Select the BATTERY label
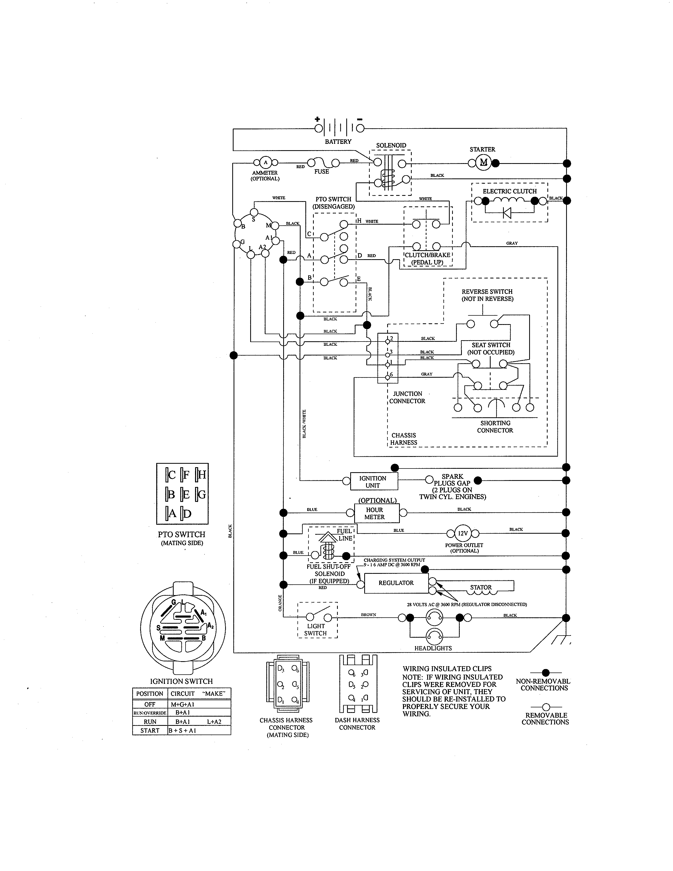[338, 141]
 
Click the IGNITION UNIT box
[373, 481]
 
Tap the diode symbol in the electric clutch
[507, 212]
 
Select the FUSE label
[321, 172]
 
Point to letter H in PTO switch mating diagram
[201, 475]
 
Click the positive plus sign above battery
[317, 119]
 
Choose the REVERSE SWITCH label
[487, 295]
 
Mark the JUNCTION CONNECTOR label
[407, 397]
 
